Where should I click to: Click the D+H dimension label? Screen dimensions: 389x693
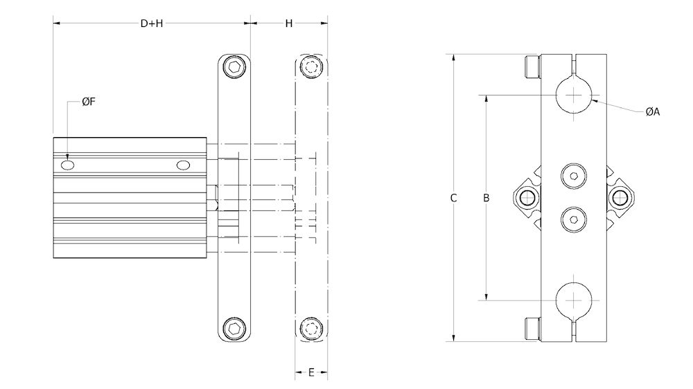tap(151, 24)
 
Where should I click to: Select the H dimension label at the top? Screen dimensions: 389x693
tap(289, 24)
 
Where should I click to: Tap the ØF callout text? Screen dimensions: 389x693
tap(88, 102)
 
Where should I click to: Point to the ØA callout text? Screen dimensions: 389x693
tap(652, 111)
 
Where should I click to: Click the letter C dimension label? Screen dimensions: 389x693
tap(453, 198)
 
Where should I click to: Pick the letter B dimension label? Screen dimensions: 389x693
tap(486, 198)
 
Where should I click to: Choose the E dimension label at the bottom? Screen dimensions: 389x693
tap(311, 372)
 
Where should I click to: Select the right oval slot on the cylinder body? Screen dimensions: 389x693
tap(183, 165)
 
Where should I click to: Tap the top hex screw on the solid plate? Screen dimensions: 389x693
tap(236, 68)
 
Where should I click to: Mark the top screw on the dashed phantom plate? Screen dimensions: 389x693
tap(311, 68)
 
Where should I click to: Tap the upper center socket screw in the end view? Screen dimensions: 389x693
tap(574, 176)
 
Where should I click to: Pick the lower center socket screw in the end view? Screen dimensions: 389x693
tap(574, 219)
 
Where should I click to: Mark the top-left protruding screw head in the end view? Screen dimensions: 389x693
tap(532, 67)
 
